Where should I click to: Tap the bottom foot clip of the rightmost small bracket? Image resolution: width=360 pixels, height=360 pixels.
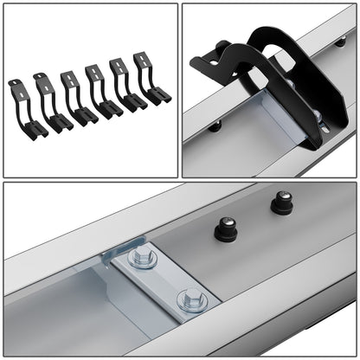point(160,94)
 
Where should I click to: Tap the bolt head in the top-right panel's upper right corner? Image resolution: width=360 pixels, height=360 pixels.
point(340,41)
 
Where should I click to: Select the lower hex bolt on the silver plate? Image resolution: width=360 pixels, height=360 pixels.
point(191,300)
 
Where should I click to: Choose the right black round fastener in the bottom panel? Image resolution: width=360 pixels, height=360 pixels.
point(282,203)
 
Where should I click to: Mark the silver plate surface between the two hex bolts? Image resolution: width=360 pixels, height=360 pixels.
point(166,279)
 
